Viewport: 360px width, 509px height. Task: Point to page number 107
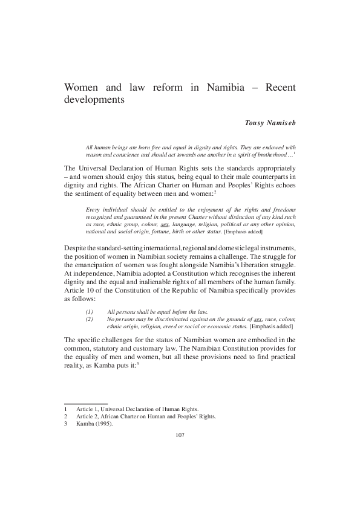(180, 435)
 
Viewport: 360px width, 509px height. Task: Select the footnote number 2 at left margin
(65, 416)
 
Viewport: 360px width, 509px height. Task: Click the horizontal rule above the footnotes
(85, 403)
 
